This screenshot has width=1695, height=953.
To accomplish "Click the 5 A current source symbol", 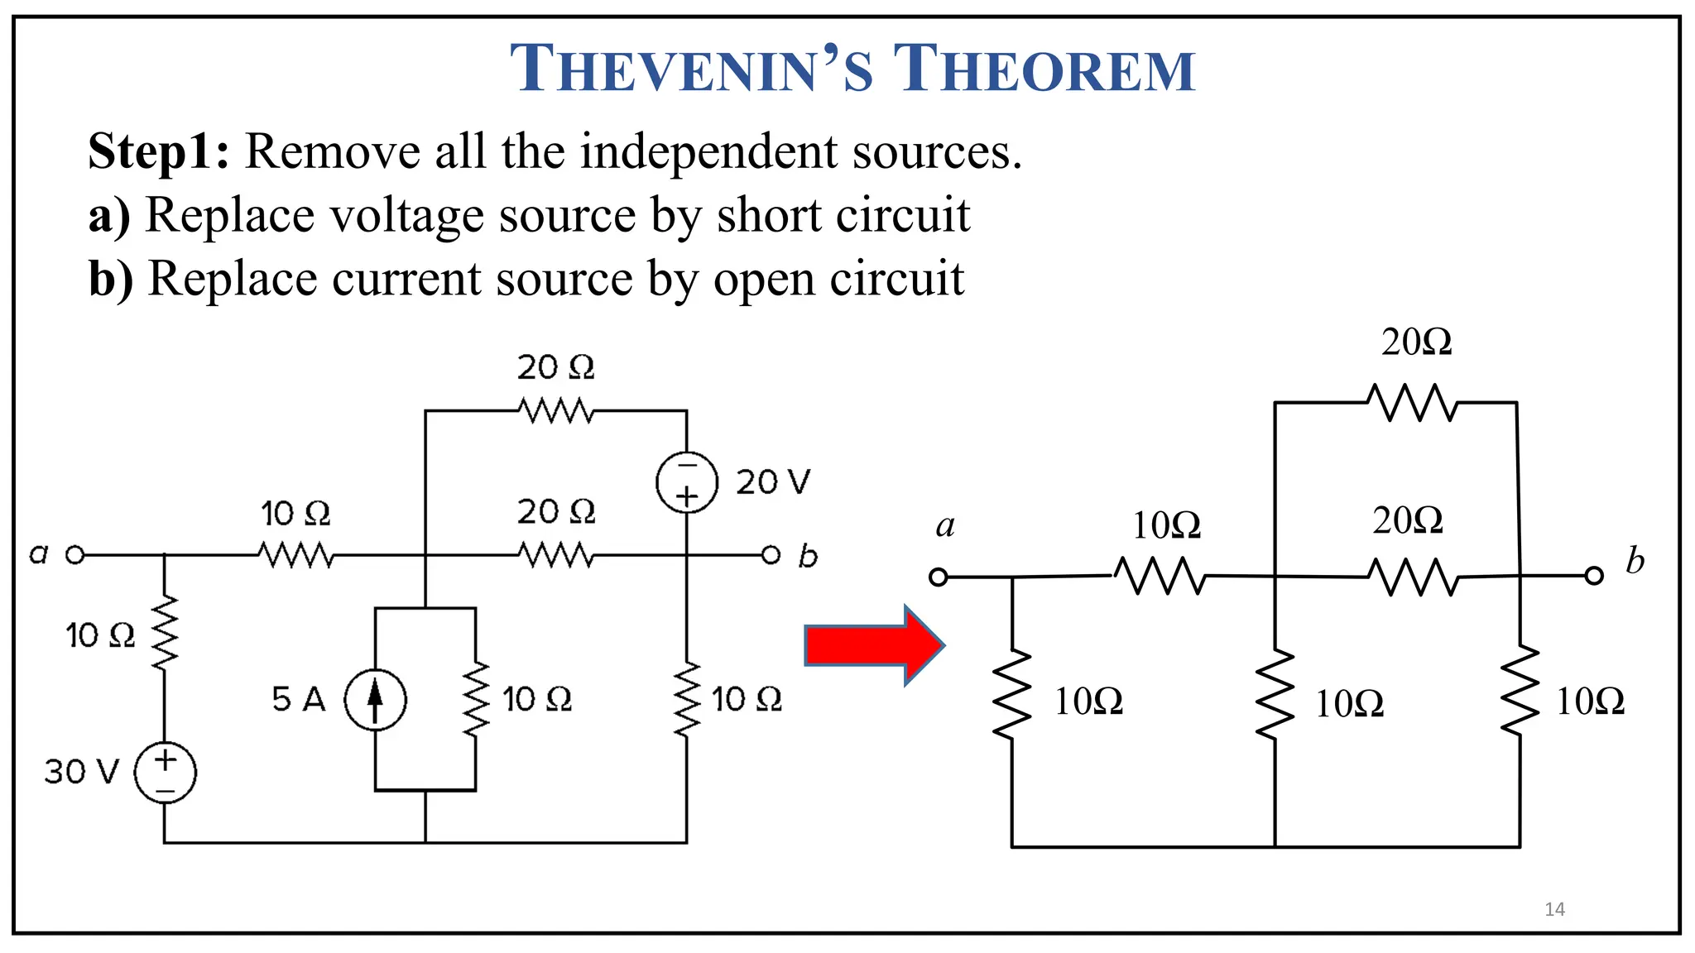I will pos(375,700).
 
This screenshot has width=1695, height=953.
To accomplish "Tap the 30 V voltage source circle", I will pos(165,772).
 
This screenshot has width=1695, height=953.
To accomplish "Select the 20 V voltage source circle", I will pos(686,482).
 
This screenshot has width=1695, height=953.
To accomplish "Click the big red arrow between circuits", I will pos(874,645).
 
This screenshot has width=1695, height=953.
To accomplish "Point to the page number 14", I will pos(1554,909).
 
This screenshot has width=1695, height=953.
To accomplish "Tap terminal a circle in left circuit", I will pos(75,554).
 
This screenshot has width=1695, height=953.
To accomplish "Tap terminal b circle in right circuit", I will pos(1594,576).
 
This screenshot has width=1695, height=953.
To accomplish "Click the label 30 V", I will pos(81,772).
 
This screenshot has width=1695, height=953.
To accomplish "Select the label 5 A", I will pos(298,700).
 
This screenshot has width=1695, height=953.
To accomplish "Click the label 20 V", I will pos(773,482).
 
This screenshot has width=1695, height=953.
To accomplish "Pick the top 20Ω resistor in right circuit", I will pos(1412,403).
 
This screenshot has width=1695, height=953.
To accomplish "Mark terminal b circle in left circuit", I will pos(771,554).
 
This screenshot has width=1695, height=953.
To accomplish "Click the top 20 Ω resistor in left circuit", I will pos(555,410).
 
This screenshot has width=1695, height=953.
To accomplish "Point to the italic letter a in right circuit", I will pos(945,526).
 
